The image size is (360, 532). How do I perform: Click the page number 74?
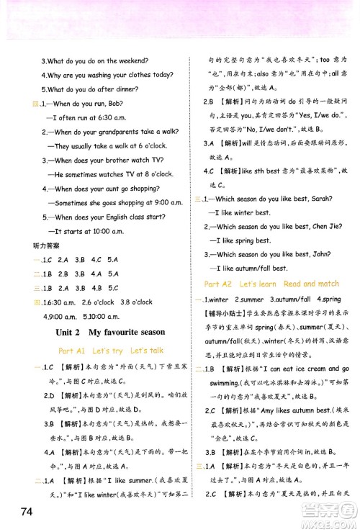click(22, 512)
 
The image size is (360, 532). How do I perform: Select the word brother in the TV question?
click(117, 160)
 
